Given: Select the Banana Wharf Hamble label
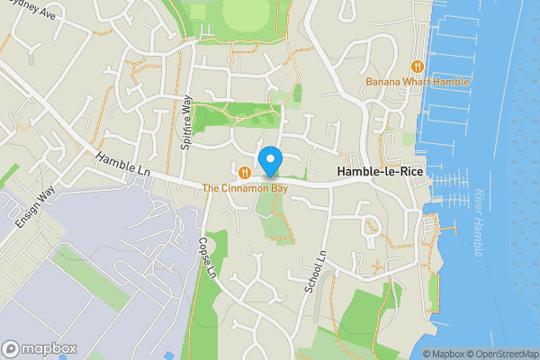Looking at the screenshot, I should point(418,82).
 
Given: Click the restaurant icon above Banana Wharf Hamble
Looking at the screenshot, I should point(417,66).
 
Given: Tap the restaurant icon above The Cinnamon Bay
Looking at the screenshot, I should point(244,171).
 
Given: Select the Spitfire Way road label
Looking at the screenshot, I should point(186,127).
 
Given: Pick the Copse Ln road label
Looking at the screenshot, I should point(209,256).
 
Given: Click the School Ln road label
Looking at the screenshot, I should point(310,270).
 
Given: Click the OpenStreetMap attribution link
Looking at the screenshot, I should point(502,354).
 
